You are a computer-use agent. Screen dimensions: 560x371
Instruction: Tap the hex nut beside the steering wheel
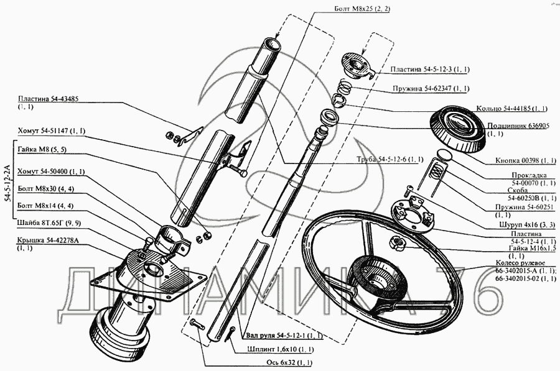pyautogui.click(x=398, y=242)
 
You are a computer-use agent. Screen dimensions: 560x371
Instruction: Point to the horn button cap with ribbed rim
pyautogui.click(x=457, y=132)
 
